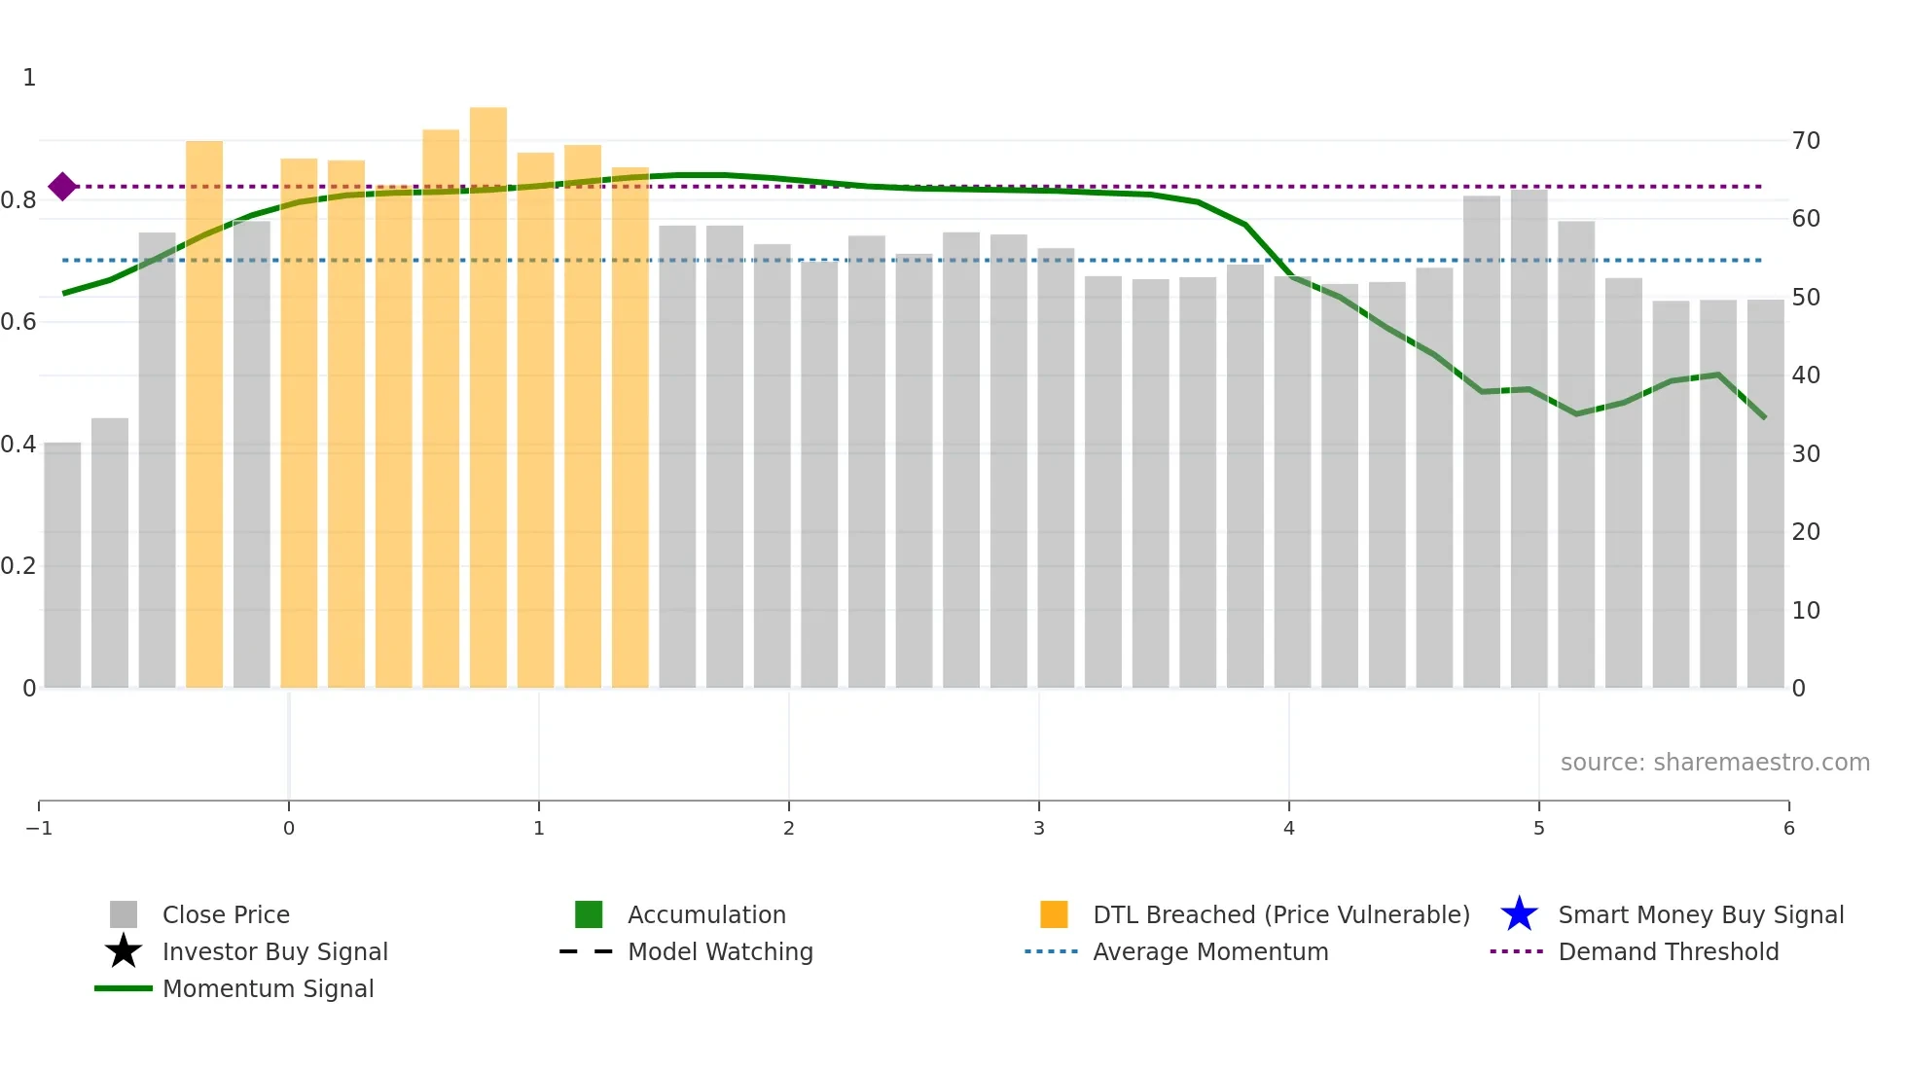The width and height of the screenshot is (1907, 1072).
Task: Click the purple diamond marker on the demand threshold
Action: pyautogui.click(x=62, y=186)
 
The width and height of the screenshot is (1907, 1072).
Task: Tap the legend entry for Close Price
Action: pyautogui.click(x=226, y=914)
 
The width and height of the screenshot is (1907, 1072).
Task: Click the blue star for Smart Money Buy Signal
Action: pyautogui.click(x=1519, y=914)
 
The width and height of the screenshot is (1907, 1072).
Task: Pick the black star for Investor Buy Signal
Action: pyautogui.click(x=124, y=951)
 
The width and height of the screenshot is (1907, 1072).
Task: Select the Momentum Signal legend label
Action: pyautogui.click(x=268, y=988)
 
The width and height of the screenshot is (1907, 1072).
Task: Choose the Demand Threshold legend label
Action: pyautogui.click(x=1668, y=951)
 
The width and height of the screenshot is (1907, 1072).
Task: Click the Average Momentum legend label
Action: pyautogui.click(x=1210, y=951)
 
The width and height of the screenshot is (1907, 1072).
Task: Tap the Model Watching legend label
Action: pyautogui.click(x=720, y=951)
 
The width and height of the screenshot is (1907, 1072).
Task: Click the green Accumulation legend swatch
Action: pyautogui.click(x=589, y=914)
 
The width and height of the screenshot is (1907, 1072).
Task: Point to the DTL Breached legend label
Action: pyautogui.click(x=1280, y=914)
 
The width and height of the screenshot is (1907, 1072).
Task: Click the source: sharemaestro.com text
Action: pyautogui.click(x=1714, y=762)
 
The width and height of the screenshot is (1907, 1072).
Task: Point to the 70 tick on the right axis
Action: pyautogui.click(x=1806, y=141)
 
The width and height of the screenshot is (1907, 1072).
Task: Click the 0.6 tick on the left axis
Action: pyautogui.click(x=19, y=322)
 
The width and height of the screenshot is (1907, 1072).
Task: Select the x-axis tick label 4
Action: pyautogui.click(x=1289, y=828)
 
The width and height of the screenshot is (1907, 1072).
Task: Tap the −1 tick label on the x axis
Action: pyautogui.click(x=39, y=828)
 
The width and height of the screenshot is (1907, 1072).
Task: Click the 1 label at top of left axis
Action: pyautogui.click(x=29, y=78)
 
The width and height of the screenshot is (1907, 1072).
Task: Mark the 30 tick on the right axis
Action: pyautogui.click(x=1806, y=454)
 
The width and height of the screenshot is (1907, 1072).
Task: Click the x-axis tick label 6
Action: pyautogui.click(x=1788, y=828)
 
